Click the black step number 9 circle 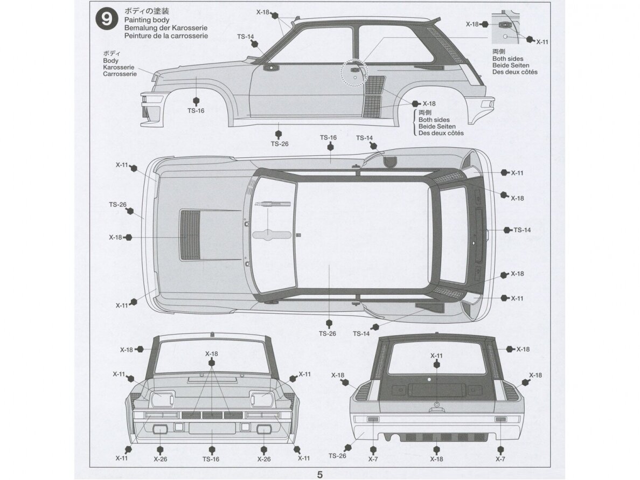coord(107,19)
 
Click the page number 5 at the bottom coord(320,475)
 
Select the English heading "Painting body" coord(147,20)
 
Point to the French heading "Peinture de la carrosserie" coord(166,36)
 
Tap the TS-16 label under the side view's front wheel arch coord(196,110)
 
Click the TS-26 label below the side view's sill coord(280,144)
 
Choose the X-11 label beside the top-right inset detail coord(542,41)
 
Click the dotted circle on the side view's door coord(354,72)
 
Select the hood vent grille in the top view coord(190,235)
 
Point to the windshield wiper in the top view coord(272,203)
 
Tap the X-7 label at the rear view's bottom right coord(500,459)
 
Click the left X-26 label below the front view coord(161,459)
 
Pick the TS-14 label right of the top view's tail coord(522,230)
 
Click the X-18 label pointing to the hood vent coord(115,237)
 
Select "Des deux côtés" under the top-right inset coord(514,72)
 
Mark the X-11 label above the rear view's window coord(436,356)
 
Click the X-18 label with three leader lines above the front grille coord(211,354)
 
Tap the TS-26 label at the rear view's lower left coord(337,456)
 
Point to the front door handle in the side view coord(269,67)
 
